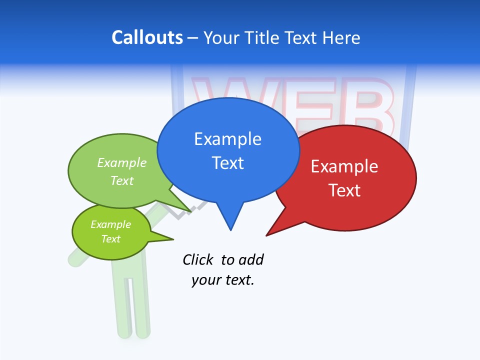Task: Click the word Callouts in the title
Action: [147, 37]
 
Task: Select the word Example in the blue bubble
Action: [227, 139]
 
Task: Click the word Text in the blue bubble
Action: [227, 163]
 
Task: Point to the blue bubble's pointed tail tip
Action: [230, 230]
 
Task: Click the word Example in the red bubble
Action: [344, 166]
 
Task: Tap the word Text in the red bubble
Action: [344, 190]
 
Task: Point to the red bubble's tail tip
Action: [266, 235]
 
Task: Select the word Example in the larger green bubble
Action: [122, 163]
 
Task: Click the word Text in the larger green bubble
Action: [122, 180]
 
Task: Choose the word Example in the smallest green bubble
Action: [110, 224]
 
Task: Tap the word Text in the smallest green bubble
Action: [110, 239]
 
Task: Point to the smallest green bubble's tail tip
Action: [173, 239]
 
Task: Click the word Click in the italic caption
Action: [197, 259]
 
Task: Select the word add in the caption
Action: [251, 259]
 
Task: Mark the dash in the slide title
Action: [193, 38]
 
